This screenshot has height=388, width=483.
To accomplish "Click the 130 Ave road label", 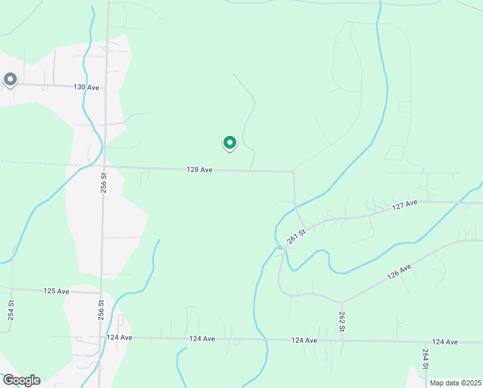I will pyautogui.click(x=86, y=87).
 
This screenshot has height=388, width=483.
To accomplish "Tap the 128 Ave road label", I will pyautogui.click(x=200, y=169).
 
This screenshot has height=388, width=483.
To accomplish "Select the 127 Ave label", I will pyautogui.click(x=406, y=205).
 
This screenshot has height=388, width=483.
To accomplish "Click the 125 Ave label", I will pyautogui.click(x=56, y=291).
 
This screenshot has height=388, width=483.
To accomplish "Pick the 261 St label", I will pyautogui.click(x=296, y=239).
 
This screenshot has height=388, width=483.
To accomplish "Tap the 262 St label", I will pyautogui.click(x=342, y=321).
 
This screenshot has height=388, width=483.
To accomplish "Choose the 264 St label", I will pyautogui.click(x=426, y=358).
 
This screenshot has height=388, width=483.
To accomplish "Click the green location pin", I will pyautogui.click(x=229, y=142).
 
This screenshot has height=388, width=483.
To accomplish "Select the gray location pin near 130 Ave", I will pyautogui.click(x=10, y=80).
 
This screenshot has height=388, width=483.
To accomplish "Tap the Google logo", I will pyautogui.click(x=21, y=380).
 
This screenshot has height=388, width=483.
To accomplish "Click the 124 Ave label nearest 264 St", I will pyautogui.click(x=445, y=341).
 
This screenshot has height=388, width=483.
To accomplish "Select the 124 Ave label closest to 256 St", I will pyautogui.click(x=119, y=338).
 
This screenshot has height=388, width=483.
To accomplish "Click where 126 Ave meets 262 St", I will pyautogui.click(x=342, y=302).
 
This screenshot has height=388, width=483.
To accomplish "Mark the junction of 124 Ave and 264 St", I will pyautogui.click(x=426, y=341).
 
